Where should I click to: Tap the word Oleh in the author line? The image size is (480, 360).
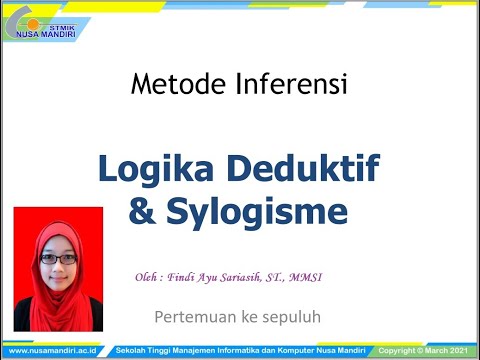coord(148,277)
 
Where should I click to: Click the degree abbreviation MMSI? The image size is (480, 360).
coord(327,277)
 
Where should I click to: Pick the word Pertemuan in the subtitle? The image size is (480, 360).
coord(195,317)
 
